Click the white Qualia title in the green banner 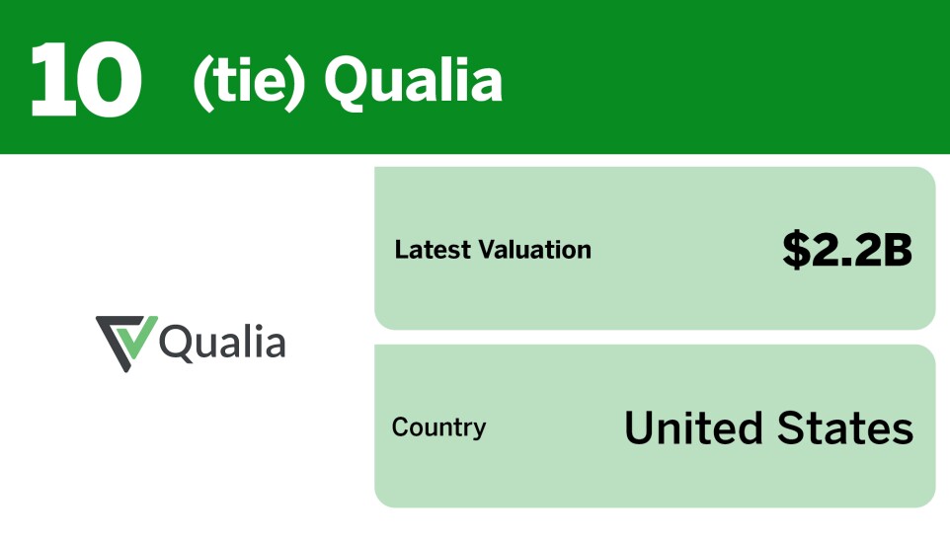click(x=413, y=81)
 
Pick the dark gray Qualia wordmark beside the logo click(x=223, y=343)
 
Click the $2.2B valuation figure click(x=847, y=250)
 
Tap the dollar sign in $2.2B click(x=796, y=250)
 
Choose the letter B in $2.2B click(x=897, y=250)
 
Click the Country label click(x=438, y=427)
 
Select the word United click(x=693, y=427)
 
